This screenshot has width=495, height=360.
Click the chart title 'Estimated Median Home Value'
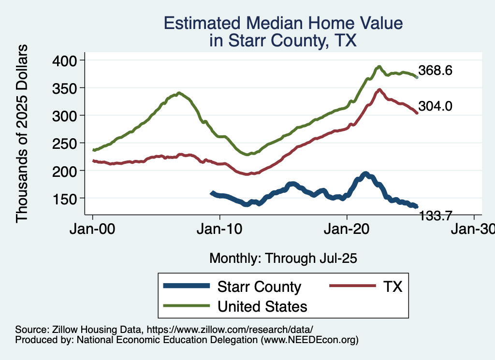pyautogui.click(x=283, y=23)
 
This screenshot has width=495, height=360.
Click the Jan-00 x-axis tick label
pyautogui.click(x=93, y=230)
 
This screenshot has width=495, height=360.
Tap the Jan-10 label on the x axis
pyautogui.click(x=220, y=230)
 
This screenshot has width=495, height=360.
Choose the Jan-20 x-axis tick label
pyautogui.click(x=347, y=230)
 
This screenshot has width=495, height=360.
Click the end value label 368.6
pyautogui.click(x=435, y=71)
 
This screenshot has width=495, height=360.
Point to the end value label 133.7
pyautogui.click(x=435, y=216)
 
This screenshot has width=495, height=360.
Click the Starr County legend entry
pyautogui.click(x=259, y=287)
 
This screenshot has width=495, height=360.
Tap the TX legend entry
pyautogui.click(x=393, y=287)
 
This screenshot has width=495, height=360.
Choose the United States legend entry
pyautogui.click(x=262, y=306)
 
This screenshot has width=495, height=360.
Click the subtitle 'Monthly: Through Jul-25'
pyautogui.click(x=283, y=259)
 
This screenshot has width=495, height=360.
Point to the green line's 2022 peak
pyautogui.click(x=379, y=67)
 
